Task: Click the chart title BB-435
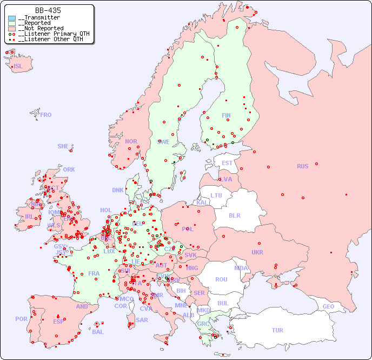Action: click(x=48, y=10)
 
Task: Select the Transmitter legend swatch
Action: click(x=12, y=18)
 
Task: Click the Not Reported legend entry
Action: click(x=41, y=28)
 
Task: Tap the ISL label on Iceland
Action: click(x=18, y=67)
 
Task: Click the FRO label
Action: click(x=46, y=115)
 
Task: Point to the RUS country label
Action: click(x=302, y=166)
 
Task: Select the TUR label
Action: click(x=277, y=330)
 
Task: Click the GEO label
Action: click(x=328, y=306)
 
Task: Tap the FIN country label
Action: click(x=226, y=115)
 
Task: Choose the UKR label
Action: click(x=257, y=252)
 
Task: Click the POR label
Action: click(x=21, y=319)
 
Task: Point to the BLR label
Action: click(x=234, y=215)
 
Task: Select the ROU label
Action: click(x=221, y=279)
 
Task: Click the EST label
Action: click(x=227, y=163)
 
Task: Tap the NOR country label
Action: click(x=131, y=141)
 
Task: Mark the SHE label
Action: click(x=63, y=146)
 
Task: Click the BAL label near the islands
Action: click(x=98, y=332)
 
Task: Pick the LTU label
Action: click(x=216, y=195)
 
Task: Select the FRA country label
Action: click(x=94, y=273)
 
